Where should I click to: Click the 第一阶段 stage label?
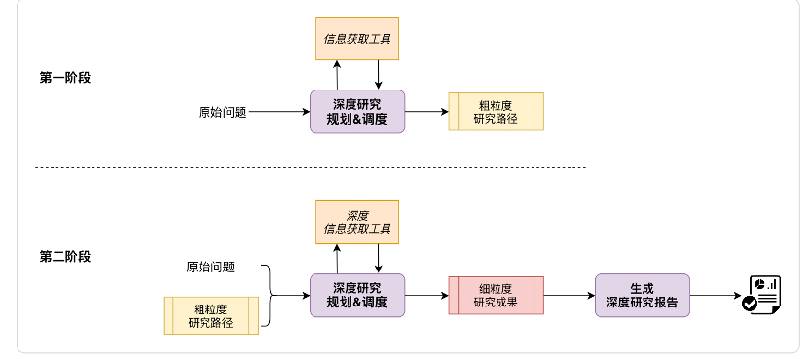tap(64, 78)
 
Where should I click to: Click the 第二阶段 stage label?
tap(64, 257)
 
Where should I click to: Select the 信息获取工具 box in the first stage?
tap(357, 40)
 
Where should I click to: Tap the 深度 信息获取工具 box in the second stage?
tap(357, 223)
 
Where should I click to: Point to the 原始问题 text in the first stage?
tap(222, 112)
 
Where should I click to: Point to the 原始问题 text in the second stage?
tap(210, 267)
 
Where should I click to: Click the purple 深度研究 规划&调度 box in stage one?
tap(357, 112)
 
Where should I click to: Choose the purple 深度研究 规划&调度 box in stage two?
tap(357, 295)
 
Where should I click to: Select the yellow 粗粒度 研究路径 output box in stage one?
tap(496, 112)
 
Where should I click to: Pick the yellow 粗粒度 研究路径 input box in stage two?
tap(210, 315)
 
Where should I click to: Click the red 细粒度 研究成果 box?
tap(496, 295)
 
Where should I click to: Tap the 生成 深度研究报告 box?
tap(642, 295)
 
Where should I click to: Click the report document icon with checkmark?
tap(762, 294)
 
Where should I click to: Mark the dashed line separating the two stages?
tap(312, 168)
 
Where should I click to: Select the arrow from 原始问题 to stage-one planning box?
tap(278, 112)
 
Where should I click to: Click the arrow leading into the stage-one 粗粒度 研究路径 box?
tap(426, 112)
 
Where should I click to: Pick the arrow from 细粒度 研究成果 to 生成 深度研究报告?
tap(570, 295)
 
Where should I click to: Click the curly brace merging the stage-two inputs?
tap(269, 295)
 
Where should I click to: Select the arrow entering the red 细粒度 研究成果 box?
tap(426, 295)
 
